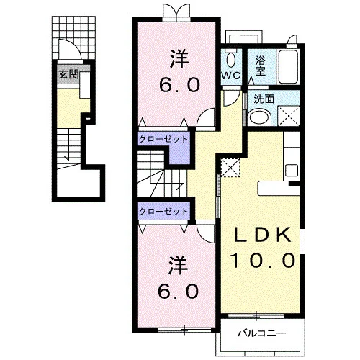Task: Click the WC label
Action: tap(230, 76)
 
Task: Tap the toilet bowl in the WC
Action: tap(231, 60)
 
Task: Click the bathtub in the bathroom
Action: tap(288, 66)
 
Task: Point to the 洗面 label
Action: tap(264, 99)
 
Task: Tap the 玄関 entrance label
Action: tap(69, 74)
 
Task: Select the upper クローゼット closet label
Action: tap(163, 139)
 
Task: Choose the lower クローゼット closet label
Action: tap(163, 211)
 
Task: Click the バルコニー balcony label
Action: tap(261, 333)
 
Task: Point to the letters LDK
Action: tap(263, 235)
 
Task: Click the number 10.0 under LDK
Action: tap(262, 261)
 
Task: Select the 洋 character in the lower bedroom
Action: tap(178, 265)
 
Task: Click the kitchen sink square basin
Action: tap(292, 171)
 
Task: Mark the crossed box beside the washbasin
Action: tap(289, 116)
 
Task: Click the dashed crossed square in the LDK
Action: tap(230, 168)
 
